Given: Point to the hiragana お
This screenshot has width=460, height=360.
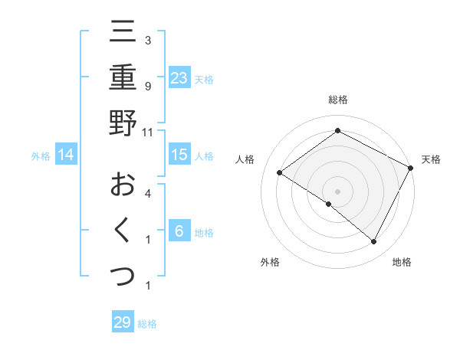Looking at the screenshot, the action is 123,184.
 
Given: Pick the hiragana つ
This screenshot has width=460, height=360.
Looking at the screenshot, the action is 123,275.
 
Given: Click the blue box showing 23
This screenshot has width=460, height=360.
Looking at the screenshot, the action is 179,77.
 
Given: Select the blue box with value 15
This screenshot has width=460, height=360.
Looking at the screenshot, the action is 179,155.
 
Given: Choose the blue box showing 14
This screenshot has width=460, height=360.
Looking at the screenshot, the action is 66,155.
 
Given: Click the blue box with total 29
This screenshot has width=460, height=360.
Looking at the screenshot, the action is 123,322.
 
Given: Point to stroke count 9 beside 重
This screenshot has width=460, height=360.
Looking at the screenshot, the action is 148,87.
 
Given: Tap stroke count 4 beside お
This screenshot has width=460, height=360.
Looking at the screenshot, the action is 148,194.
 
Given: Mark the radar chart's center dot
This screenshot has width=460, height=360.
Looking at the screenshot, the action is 337,191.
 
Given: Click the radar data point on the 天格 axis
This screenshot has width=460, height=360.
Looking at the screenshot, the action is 411,168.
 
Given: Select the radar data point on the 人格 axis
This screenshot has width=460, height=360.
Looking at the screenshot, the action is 279,172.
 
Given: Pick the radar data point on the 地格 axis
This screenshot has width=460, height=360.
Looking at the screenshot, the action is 374,242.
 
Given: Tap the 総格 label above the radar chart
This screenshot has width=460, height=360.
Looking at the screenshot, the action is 337,100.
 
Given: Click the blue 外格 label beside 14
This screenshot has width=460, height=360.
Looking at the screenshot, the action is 41,156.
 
